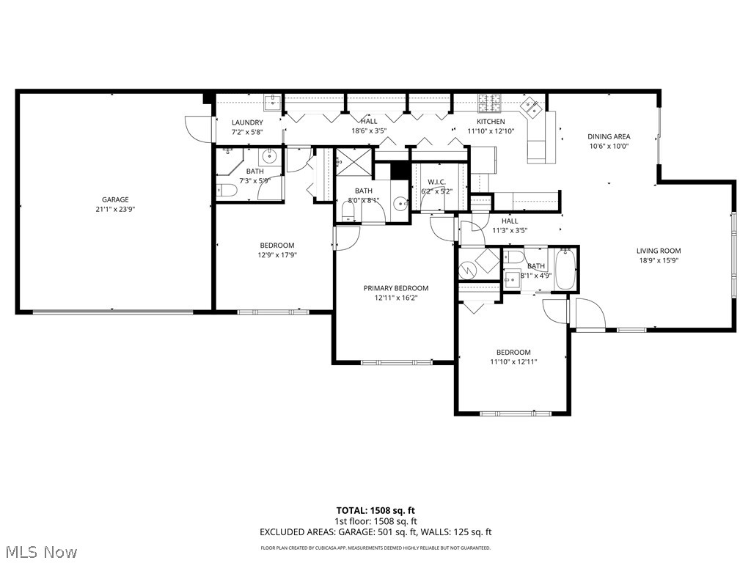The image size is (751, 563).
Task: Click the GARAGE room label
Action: (115, 199)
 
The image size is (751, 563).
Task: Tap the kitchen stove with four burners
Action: (489, 102)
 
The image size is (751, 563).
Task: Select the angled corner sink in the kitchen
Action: (532, 108)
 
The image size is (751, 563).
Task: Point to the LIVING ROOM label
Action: (658, 251)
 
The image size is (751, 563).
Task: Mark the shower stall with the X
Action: (353, 162)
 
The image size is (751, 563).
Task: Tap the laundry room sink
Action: (272, 102)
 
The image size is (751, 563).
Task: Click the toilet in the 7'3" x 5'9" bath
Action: (227, 191)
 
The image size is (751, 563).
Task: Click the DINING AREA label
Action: (609, 136)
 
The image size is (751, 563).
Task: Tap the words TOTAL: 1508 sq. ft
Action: (375, 510)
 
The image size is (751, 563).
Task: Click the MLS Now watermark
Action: (41, 551)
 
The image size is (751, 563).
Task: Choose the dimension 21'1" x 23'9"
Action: (115, 209)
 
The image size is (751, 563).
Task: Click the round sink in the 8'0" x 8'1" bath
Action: (398, 205)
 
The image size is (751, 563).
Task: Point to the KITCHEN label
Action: (491, 122)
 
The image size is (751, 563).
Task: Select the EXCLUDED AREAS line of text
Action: (375, 532)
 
